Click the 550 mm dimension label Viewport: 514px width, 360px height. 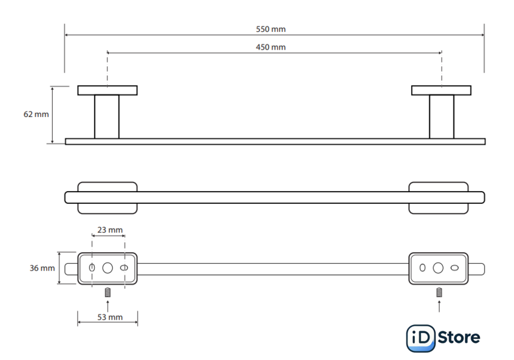(270, 29)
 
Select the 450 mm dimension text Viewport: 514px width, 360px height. (270, 47)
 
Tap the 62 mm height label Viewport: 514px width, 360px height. (36, 114)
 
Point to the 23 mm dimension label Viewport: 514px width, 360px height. (110, 230)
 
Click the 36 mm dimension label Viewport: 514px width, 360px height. (42, 268)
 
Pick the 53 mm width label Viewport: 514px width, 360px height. (110, 317)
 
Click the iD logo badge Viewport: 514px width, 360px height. (421, 338)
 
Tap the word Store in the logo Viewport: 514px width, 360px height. (459, 337)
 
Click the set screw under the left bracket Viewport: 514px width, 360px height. (108, 292)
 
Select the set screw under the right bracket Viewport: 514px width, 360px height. (439, 292)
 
